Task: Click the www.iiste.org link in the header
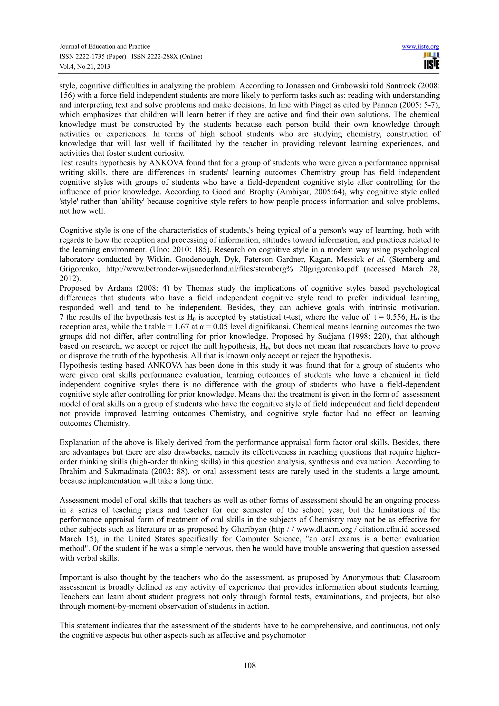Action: click(420, 47)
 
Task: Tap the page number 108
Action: click(249, 666)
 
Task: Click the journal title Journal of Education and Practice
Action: click(105, 47)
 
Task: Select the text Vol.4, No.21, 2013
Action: click(85, 67)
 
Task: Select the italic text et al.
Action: click(376, 259)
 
